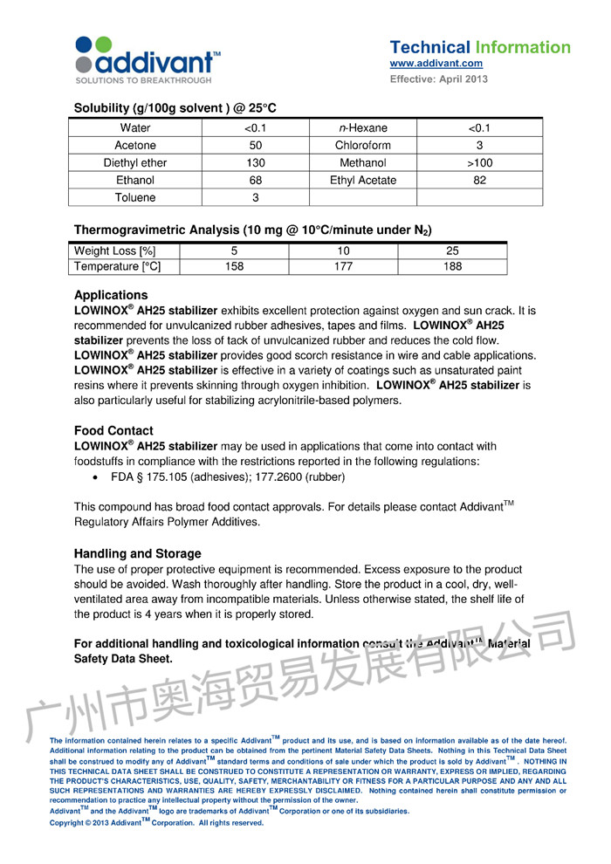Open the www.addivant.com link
[x=436, y=64]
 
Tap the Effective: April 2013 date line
[x=438, y=79]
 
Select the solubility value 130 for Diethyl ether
[x=256, y=163]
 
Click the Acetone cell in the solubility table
[x=135, y=146]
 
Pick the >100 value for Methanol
[x=479, y=163]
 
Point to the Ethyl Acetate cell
[x=363, y=181]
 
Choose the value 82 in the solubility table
[x=479, y=181]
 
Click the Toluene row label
[x=135, y=198]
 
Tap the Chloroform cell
[x=363, y=146]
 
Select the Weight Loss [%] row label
[x=115, y=251]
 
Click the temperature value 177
[x=343, y=267]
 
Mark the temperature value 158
[x=234, y=267]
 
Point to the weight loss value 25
[x=452, y=251]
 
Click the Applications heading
[x=111, y=295]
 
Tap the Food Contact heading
[x=113, y=430]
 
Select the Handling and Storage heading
[x=137, y=553]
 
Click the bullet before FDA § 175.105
[x=95, y=477]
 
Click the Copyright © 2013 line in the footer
[x=156, y=822]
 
